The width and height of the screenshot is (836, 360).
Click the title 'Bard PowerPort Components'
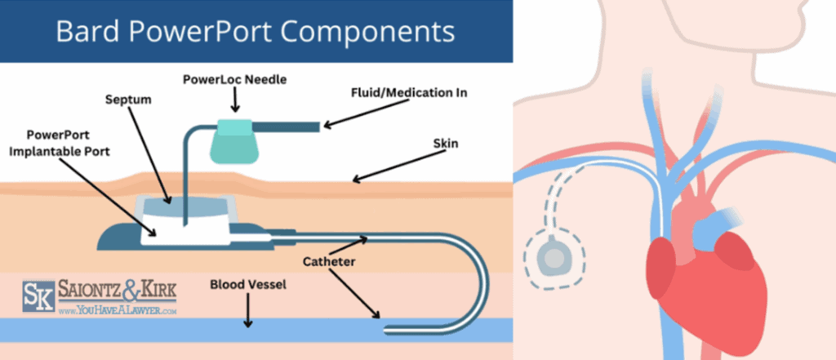256,32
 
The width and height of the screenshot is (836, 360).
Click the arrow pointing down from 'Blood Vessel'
247,315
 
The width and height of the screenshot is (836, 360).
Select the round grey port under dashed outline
554,258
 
